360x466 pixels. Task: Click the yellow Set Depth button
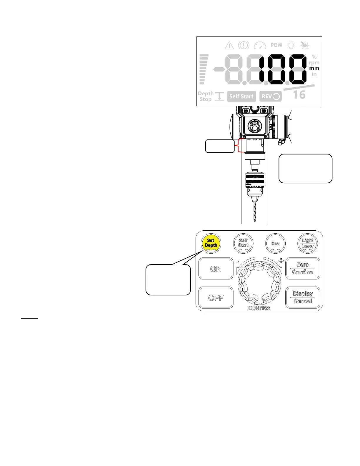pos(211,243)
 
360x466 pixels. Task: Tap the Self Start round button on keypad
pos(243,243)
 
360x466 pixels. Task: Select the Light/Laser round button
pos(308,243)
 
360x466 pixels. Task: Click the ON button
pos(216,269)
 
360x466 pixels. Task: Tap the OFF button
pos(216,298)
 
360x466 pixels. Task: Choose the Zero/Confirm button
pos(303,268)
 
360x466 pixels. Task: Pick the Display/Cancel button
pos(303,297)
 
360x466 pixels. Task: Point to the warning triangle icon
pos(229,46)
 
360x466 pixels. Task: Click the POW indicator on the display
pos(276,45)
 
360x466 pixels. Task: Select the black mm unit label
pos(314,69)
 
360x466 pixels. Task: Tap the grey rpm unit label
pos(314,63)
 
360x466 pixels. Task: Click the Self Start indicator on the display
pos(241,96)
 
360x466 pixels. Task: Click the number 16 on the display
pos(299,95)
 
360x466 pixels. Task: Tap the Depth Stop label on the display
pos(206,96)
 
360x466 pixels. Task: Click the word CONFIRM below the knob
pos(259,308)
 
